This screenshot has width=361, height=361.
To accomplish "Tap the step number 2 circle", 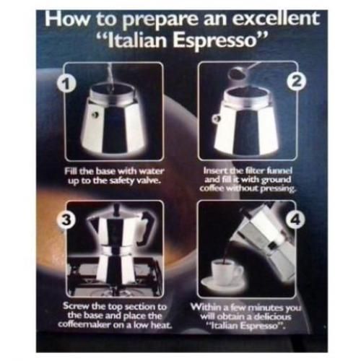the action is tap(297, 83).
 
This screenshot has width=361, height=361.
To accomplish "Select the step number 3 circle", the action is tap(66, 219).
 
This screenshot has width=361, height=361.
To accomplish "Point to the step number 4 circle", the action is tap(296, 219).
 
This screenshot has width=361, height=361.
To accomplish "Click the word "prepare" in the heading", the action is tap(160, 20).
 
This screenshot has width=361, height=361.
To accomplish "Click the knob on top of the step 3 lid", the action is tap(117, 209).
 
